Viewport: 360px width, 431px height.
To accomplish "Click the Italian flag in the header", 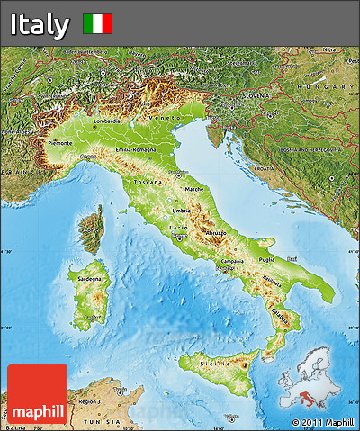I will [97, 23].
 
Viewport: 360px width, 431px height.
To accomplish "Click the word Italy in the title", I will [40, 24].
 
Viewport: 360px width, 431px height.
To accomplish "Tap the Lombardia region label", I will [106, 121].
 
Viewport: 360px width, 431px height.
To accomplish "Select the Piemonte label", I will [59, 143].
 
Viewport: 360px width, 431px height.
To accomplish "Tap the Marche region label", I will [193, 189].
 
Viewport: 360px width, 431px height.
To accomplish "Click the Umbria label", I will [183, 211].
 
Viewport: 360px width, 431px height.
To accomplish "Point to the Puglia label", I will [266, 259].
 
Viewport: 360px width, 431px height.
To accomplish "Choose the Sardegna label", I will [91, 280].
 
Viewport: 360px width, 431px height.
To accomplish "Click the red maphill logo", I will [37, 392].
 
